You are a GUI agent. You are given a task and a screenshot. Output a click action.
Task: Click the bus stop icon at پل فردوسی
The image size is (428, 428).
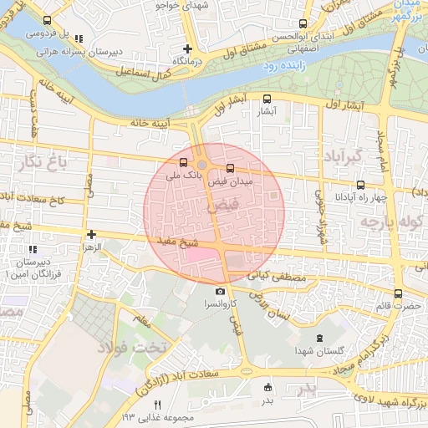point(46,22)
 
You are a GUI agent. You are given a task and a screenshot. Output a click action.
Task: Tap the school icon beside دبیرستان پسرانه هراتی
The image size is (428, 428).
point(79,38)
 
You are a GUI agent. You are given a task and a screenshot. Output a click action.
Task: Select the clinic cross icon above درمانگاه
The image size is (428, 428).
point(188,49)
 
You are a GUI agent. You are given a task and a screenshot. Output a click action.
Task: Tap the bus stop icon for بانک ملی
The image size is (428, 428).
point(184,162)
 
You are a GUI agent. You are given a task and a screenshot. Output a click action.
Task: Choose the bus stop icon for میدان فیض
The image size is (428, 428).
point(231,168)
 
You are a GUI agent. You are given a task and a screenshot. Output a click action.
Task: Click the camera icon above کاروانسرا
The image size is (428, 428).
point(220,291)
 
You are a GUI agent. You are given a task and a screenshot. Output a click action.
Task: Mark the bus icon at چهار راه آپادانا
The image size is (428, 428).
point(360,184)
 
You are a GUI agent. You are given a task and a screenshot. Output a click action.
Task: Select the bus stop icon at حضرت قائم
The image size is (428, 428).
point(398,293)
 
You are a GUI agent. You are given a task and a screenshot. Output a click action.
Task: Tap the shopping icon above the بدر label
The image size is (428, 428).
point(267,387)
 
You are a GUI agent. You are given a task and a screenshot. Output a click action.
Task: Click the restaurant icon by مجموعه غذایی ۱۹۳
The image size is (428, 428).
point(158,405)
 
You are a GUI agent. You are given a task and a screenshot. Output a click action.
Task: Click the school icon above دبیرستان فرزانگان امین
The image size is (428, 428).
point(32,249)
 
